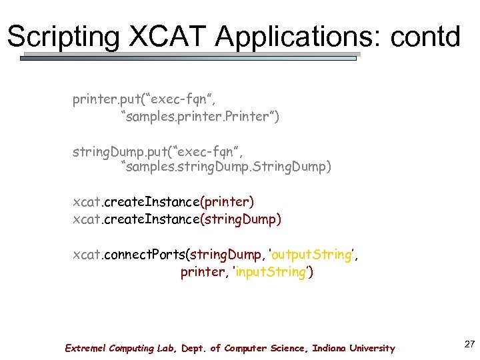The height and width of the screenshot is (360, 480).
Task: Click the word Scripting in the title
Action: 62,37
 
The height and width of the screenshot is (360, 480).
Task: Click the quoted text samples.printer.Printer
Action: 200,117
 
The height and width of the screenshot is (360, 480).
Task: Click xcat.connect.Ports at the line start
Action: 130,255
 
